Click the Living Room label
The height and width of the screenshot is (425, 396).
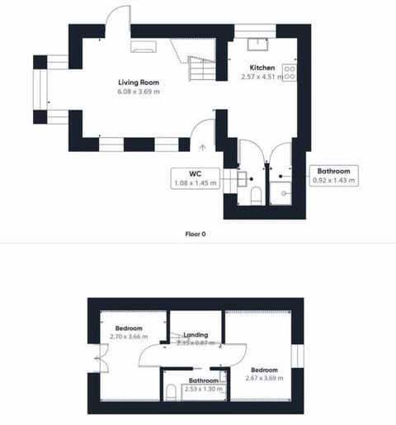point(138,83)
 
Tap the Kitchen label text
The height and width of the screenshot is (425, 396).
point(262,68)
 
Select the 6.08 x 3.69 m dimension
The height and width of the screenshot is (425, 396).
point(138,92)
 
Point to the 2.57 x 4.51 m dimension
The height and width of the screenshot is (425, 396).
point(262,77)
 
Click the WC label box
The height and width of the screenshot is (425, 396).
point(196,177)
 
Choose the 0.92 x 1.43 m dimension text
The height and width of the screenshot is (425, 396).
point(334,181)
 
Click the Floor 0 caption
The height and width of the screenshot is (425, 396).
point(196,234)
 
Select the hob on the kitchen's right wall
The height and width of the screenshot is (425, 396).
point(290,72)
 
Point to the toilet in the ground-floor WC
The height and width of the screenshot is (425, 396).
point(256,195)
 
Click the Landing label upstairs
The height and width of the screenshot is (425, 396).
point(196,335)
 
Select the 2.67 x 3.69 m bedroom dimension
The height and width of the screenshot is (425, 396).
point(264,378)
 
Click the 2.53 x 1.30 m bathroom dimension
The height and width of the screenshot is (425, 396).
point(202,389)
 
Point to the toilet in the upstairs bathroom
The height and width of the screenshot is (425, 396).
point(169,391)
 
